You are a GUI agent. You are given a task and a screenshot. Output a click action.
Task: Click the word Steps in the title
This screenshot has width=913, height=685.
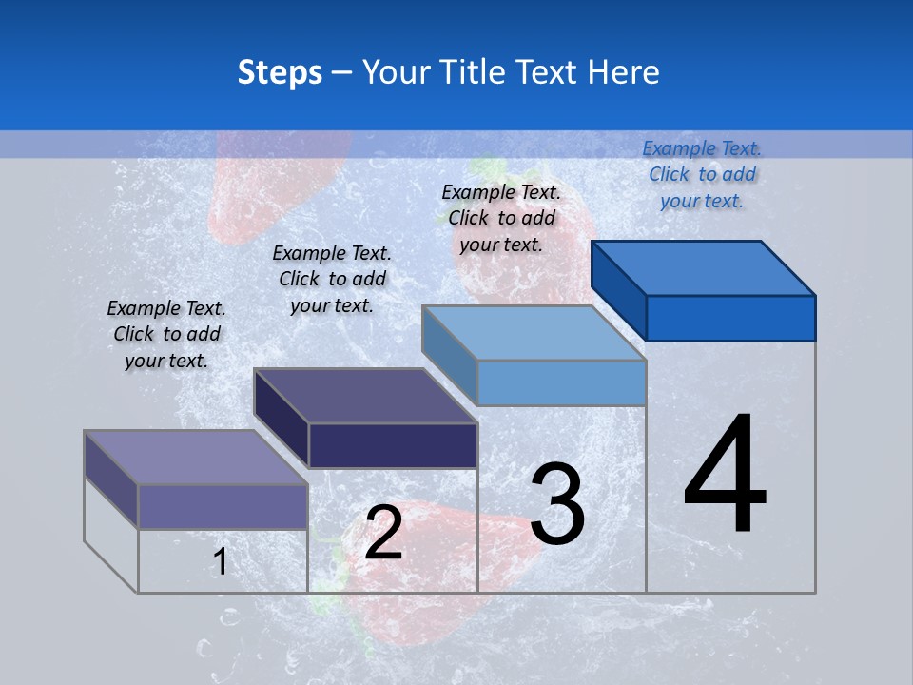[x=280, y=72]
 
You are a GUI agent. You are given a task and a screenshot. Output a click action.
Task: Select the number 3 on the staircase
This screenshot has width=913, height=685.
[x=557, y=504]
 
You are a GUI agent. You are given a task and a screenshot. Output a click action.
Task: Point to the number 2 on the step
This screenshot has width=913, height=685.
[x=383, y=532]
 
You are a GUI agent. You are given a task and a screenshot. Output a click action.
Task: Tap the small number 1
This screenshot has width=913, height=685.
[x=220, y=561]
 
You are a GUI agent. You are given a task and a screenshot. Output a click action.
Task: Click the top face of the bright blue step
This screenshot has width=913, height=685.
[x=704, y=267]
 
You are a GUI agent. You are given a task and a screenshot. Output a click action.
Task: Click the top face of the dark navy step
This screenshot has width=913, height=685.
[x=365, y=396]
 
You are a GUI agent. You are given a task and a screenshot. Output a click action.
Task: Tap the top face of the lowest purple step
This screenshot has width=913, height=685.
[x=196, y=458]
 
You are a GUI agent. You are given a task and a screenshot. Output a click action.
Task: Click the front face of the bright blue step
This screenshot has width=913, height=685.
[x=730, y=318]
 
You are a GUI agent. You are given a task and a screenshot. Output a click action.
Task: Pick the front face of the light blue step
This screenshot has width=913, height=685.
[x=561, y=382]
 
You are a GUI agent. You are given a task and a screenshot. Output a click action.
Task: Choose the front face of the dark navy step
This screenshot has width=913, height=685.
[x=393, y=445]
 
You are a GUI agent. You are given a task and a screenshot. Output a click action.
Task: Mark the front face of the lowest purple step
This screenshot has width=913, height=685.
[x=223, y=506]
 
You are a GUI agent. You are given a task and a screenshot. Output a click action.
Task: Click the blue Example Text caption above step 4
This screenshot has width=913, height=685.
[x=702, y=174]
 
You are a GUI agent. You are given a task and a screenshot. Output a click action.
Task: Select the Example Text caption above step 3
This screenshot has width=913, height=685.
[x=501, y=218]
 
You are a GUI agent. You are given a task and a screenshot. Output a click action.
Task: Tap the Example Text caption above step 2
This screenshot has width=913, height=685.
[x=332, y=279]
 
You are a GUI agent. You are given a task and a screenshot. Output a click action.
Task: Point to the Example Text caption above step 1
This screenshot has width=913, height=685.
[x=166, y=334]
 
